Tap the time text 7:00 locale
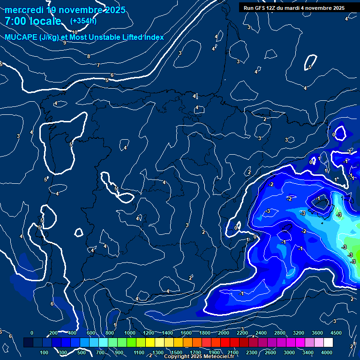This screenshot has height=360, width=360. (x=33, y=21)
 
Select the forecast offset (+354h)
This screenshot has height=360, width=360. (x=83, y=21)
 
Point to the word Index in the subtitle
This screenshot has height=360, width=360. (x=153, y=37)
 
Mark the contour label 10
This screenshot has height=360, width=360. (x=75, y=32)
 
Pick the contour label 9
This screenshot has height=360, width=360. (x=64, y=43)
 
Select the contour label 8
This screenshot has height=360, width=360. (x=88, y=56)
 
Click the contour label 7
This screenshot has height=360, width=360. (x=98, y=65)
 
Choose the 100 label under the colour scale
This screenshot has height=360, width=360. (x=45, y=352)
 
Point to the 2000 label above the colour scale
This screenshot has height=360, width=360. (x=224, y=333)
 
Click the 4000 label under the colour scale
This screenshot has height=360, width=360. (x=327, y=352)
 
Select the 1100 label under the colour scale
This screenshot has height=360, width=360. (x=139, y=352)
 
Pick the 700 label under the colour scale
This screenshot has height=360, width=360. (x=101, y=352)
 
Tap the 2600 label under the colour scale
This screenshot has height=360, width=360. (x=271, y=352)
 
